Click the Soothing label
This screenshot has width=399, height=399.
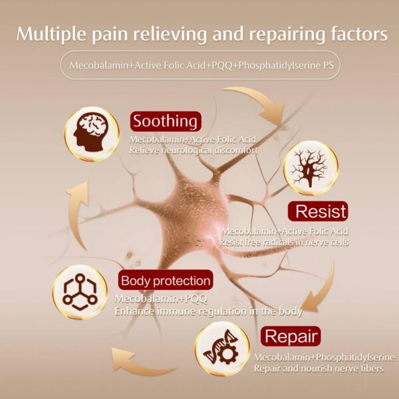(165, 122)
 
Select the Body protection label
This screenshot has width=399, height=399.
(166, 280)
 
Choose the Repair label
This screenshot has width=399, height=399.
(292, 335)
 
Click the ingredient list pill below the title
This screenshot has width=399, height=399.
(199, 66)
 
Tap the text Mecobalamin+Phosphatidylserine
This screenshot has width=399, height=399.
(325, 356)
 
